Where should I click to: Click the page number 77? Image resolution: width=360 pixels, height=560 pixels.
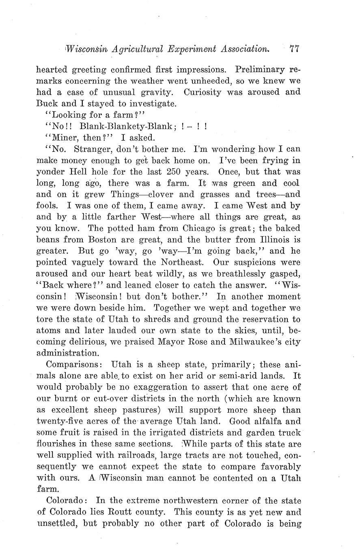pos(294,49)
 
